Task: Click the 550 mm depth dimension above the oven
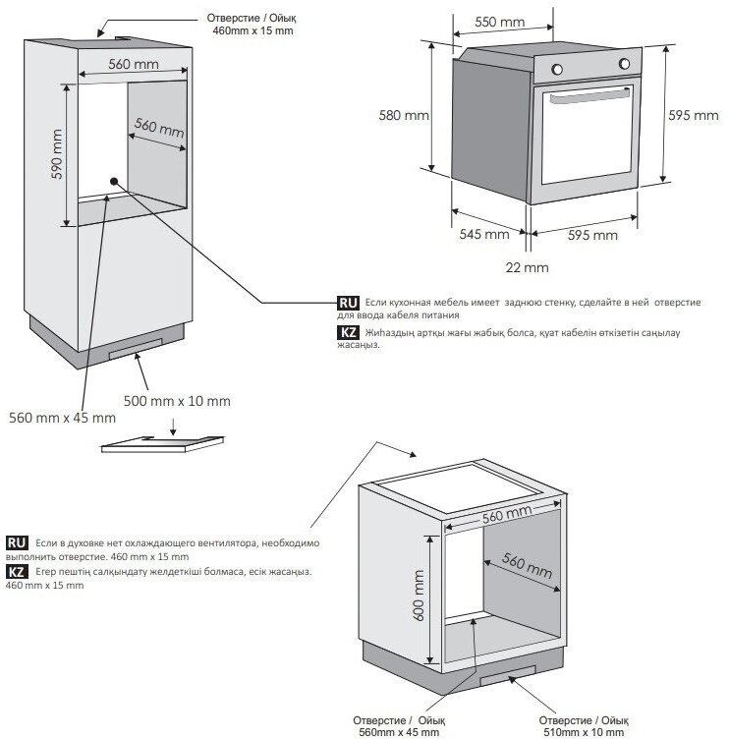click(x=498, y=21)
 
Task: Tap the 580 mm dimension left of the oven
click(x=404, y=115)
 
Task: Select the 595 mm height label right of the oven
click(x=694, y=115)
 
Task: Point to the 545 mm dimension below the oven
click(x=483, y=235)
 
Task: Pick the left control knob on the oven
click(x=557, y=70)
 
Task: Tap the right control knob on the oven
click(x=623, y=66)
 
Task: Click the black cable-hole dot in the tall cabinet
click(x=115, y=181)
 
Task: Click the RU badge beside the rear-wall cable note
click(x=347, y=303)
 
